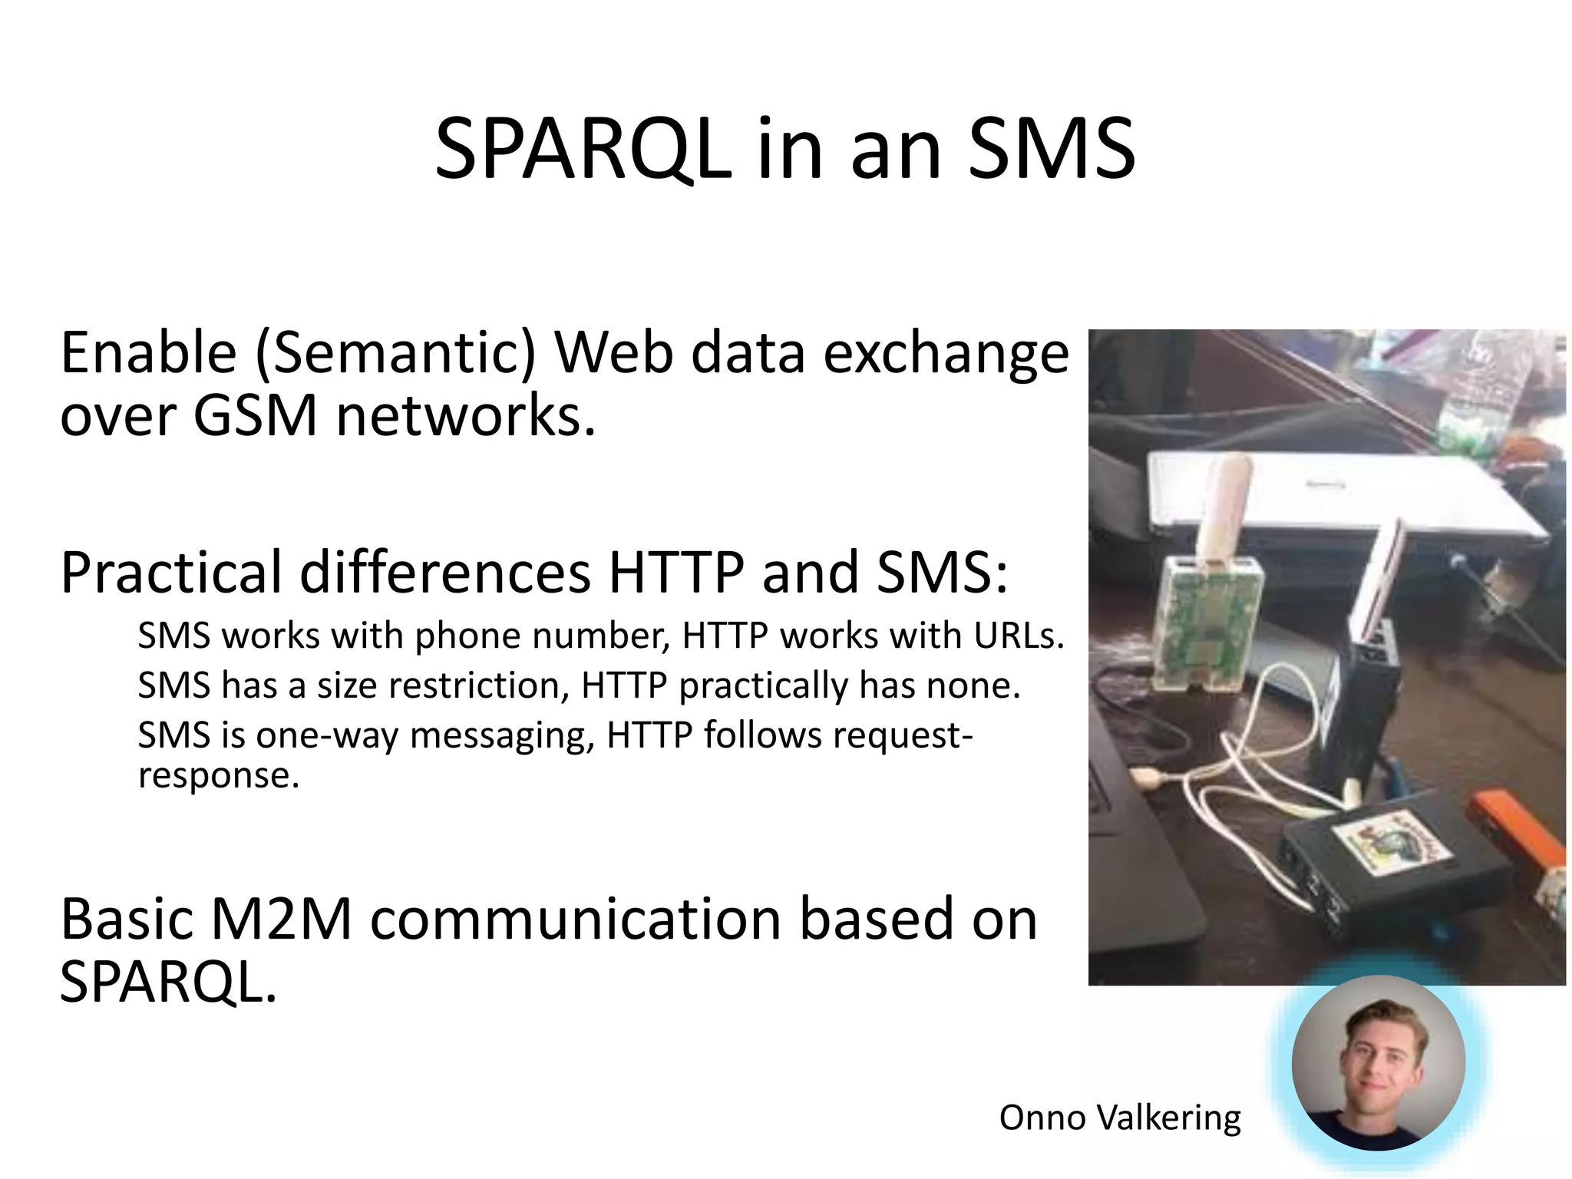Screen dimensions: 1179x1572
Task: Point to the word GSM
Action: pos(255,416)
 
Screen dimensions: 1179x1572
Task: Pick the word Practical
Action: pos(171,573)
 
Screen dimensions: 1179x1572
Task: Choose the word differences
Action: pos(445,573)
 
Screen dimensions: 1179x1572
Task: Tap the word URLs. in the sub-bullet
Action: pos(1019,636)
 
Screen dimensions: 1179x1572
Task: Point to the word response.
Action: pos(218,775)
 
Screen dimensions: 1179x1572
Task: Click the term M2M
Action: pos(281,919)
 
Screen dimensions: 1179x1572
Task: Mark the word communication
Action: pos(576,919)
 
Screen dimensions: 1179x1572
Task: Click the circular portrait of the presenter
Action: pos(1378,1063)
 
